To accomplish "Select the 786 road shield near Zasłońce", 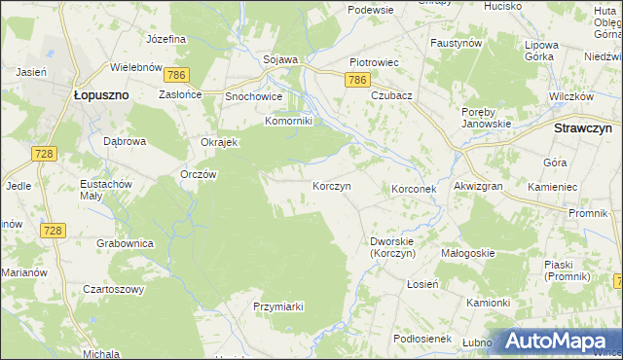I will point(176,75).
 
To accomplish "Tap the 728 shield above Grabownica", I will point(54,230).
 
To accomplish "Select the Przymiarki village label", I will point(278,306).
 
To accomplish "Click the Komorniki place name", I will point(288,122).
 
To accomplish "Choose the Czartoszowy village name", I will point(113,289).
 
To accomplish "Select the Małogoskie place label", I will point(467,253).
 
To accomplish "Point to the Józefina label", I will point(165,40).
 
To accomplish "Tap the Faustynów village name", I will point(457,44).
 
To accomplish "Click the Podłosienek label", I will point(420,338).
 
